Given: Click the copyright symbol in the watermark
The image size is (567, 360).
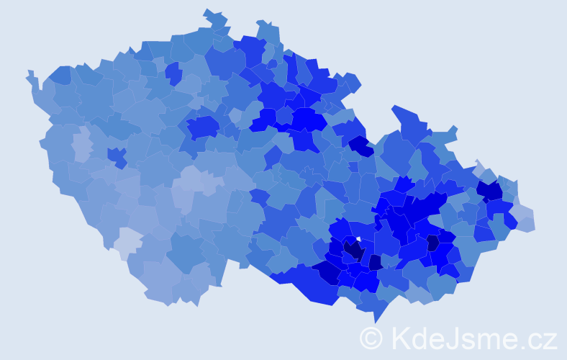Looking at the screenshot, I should tap(371, 338).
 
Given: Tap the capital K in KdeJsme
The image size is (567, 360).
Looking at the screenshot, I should tap(402, 338).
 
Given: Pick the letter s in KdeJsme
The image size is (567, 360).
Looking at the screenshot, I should tap(468, 340).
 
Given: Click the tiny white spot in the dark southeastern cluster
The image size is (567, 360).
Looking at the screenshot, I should tap(359, 240).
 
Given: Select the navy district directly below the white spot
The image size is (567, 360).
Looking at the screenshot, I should tap(353, 251).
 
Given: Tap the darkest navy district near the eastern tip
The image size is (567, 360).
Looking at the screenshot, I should tap(490, 190).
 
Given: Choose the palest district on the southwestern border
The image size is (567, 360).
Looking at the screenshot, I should tap(127, 243).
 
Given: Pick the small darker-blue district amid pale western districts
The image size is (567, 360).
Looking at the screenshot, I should tap(117, 156).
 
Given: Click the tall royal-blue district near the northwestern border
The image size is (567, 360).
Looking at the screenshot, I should tap(173, 73).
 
